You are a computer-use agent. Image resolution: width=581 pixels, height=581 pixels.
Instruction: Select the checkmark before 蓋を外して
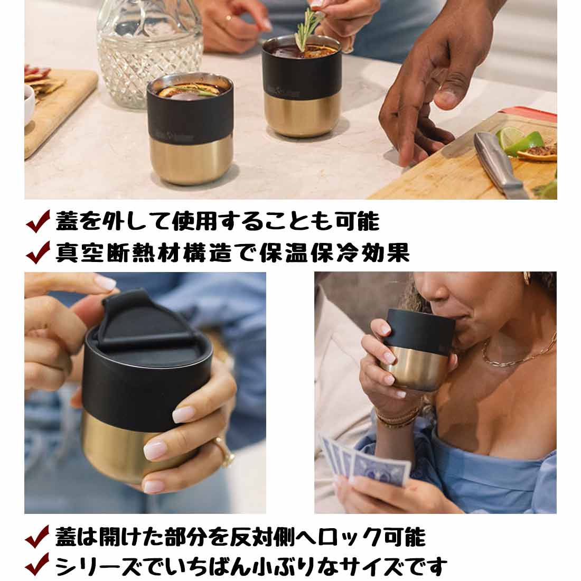(x=38, y=222)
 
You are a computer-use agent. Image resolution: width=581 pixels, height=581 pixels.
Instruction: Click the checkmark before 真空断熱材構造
(x=38, y=252)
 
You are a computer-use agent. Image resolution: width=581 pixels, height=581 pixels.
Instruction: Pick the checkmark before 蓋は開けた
(x=38, y=537)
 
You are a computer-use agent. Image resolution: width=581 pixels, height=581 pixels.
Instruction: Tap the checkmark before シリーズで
(x=38, y=566)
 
